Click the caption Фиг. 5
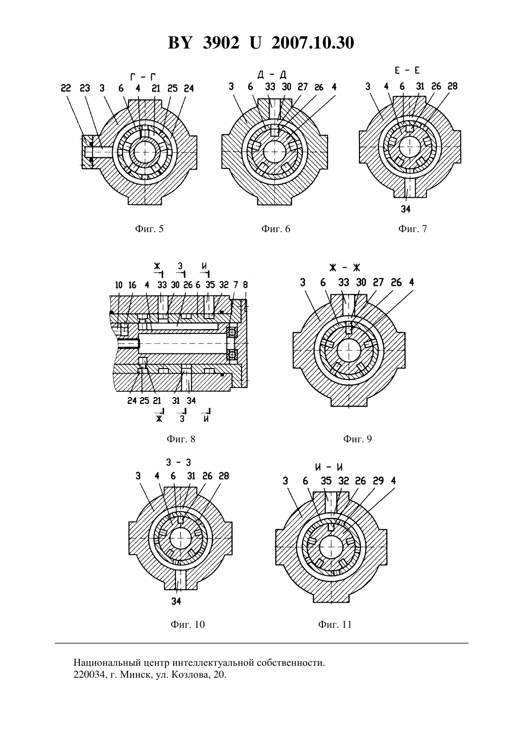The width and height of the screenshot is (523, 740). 149,229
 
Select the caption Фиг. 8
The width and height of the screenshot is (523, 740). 181,438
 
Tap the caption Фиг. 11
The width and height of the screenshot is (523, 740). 335,624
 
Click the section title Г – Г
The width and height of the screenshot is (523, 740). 143,78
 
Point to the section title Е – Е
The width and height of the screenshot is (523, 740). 407,70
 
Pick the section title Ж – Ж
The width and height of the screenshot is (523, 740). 344,268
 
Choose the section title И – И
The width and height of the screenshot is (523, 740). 329,467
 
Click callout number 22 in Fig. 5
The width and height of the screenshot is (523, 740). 66,88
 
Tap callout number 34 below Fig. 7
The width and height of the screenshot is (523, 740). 406,209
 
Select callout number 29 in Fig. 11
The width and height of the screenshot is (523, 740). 378,481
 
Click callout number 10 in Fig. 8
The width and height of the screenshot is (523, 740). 119,285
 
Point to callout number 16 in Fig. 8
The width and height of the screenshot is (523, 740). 132,285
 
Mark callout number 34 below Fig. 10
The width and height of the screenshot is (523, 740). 176,601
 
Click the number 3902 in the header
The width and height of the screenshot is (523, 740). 221,43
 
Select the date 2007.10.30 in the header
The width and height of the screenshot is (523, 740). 313,43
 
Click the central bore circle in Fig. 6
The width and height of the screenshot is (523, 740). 275,151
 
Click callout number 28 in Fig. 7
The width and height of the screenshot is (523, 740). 452,86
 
